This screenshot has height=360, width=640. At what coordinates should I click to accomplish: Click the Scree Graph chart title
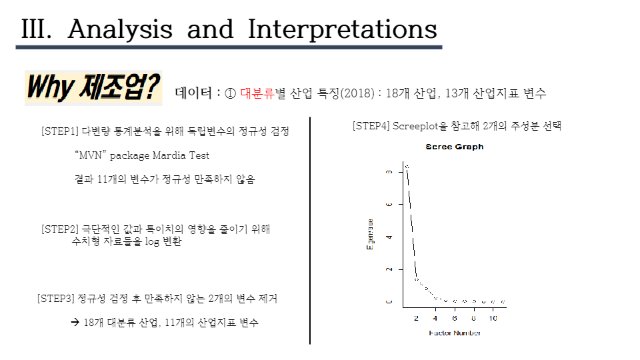point(454,147)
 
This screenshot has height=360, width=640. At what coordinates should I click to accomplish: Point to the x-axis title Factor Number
point(454,333)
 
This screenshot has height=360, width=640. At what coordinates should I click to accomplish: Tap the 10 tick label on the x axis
point(492,319)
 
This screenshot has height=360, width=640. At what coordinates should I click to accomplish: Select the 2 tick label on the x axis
point(417,319)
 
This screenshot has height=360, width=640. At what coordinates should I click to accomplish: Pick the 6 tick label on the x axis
point(455,319)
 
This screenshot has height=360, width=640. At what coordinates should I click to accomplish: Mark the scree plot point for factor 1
point(407,166)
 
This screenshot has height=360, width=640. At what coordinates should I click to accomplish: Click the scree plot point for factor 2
point(417,279)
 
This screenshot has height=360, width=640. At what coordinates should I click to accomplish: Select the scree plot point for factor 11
point(503,302)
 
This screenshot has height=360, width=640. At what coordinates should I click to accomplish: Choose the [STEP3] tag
point(56,299)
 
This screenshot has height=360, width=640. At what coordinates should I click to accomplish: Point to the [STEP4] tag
point(371,125)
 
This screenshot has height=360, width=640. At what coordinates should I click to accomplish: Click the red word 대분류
point(257,93)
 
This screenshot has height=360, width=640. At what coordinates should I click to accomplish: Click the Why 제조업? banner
point(93,88)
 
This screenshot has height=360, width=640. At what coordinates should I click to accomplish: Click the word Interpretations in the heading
point(343,29)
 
